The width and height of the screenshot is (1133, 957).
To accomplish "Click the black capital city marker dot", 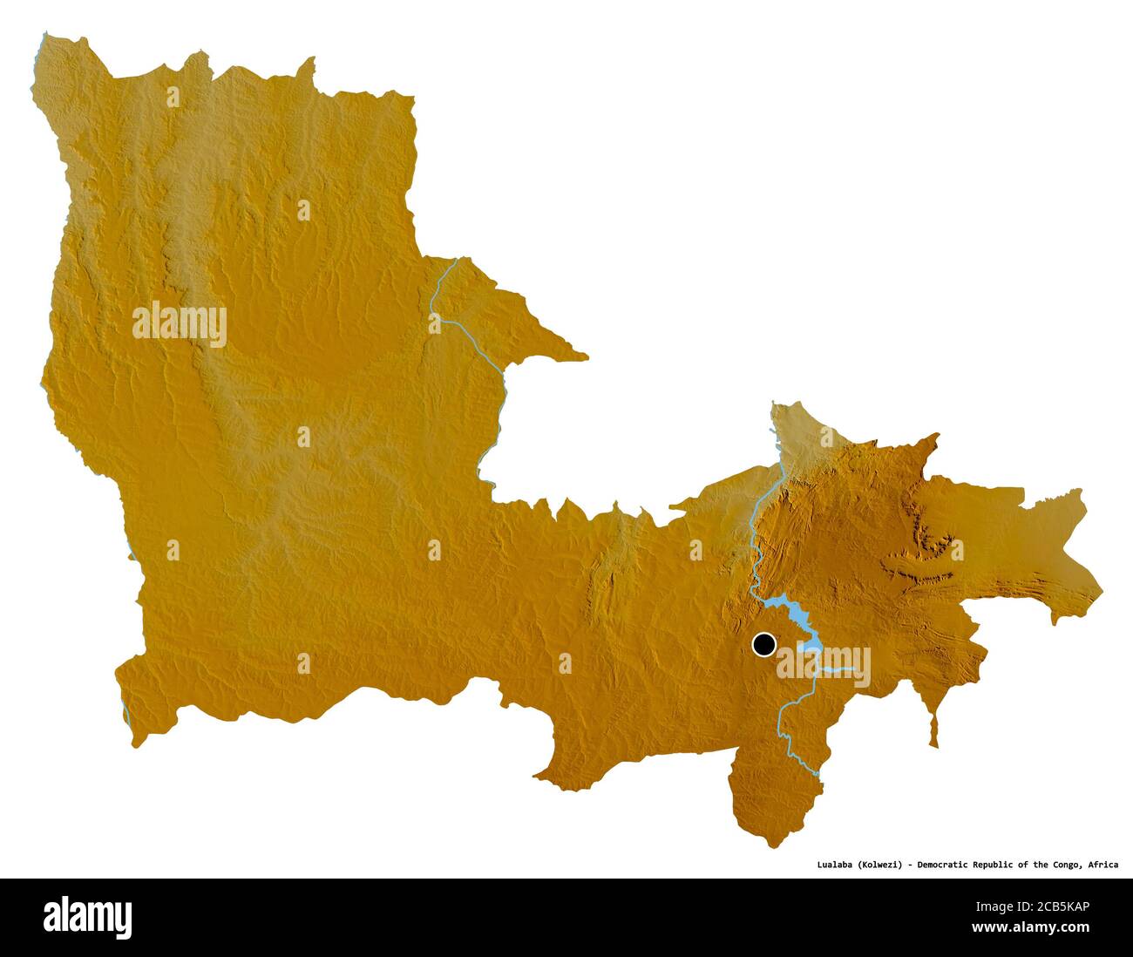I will point(764,645).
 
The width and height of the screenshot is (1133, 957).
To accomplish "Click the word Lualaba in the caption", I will point(834,865).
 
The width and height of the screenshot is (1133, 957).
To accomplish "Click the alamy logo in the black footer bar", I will point(87,917).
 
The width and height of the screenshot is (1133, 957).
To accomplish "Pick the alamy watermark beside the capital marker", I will point(824,666).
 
